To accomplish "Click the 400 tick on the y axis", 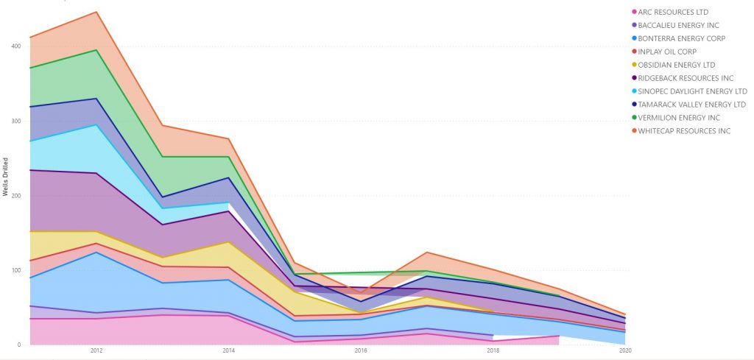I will point(15,46).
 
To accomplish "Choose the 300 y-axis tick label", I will point(15,121).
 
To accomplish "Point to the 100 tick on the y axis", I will point(15,270).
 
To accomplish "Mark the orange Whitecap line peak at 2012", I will point(96,12).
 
